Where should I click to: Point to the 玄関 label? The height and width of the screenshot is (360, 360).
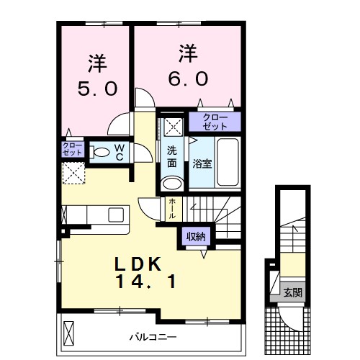tap(292, 292)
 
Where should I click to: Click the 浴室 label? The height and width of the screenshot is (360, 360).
tap(202, 163)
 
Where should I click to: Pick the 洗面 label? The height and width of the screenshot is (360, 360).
tap(173, 156)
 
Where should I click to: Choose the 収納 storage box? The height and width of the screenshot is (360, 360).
tap(196, 236)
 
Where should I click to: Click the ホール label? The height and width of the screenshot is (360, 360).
tap(172, 209)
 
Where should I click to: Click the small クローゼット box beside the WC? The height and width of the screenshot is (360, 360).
tap(73, 149)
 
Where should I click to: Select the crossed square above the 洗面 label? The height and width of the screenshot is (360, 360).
tap(174, 127)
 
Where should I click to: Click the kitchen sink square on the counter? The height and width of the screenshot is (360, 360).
tap(116, 214)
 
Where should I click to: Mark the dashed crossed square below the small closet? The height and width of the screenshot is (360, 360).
tap(73, 173)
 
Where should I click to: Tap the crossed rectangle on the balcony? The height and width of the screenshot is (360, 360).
tap(69, 334)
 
